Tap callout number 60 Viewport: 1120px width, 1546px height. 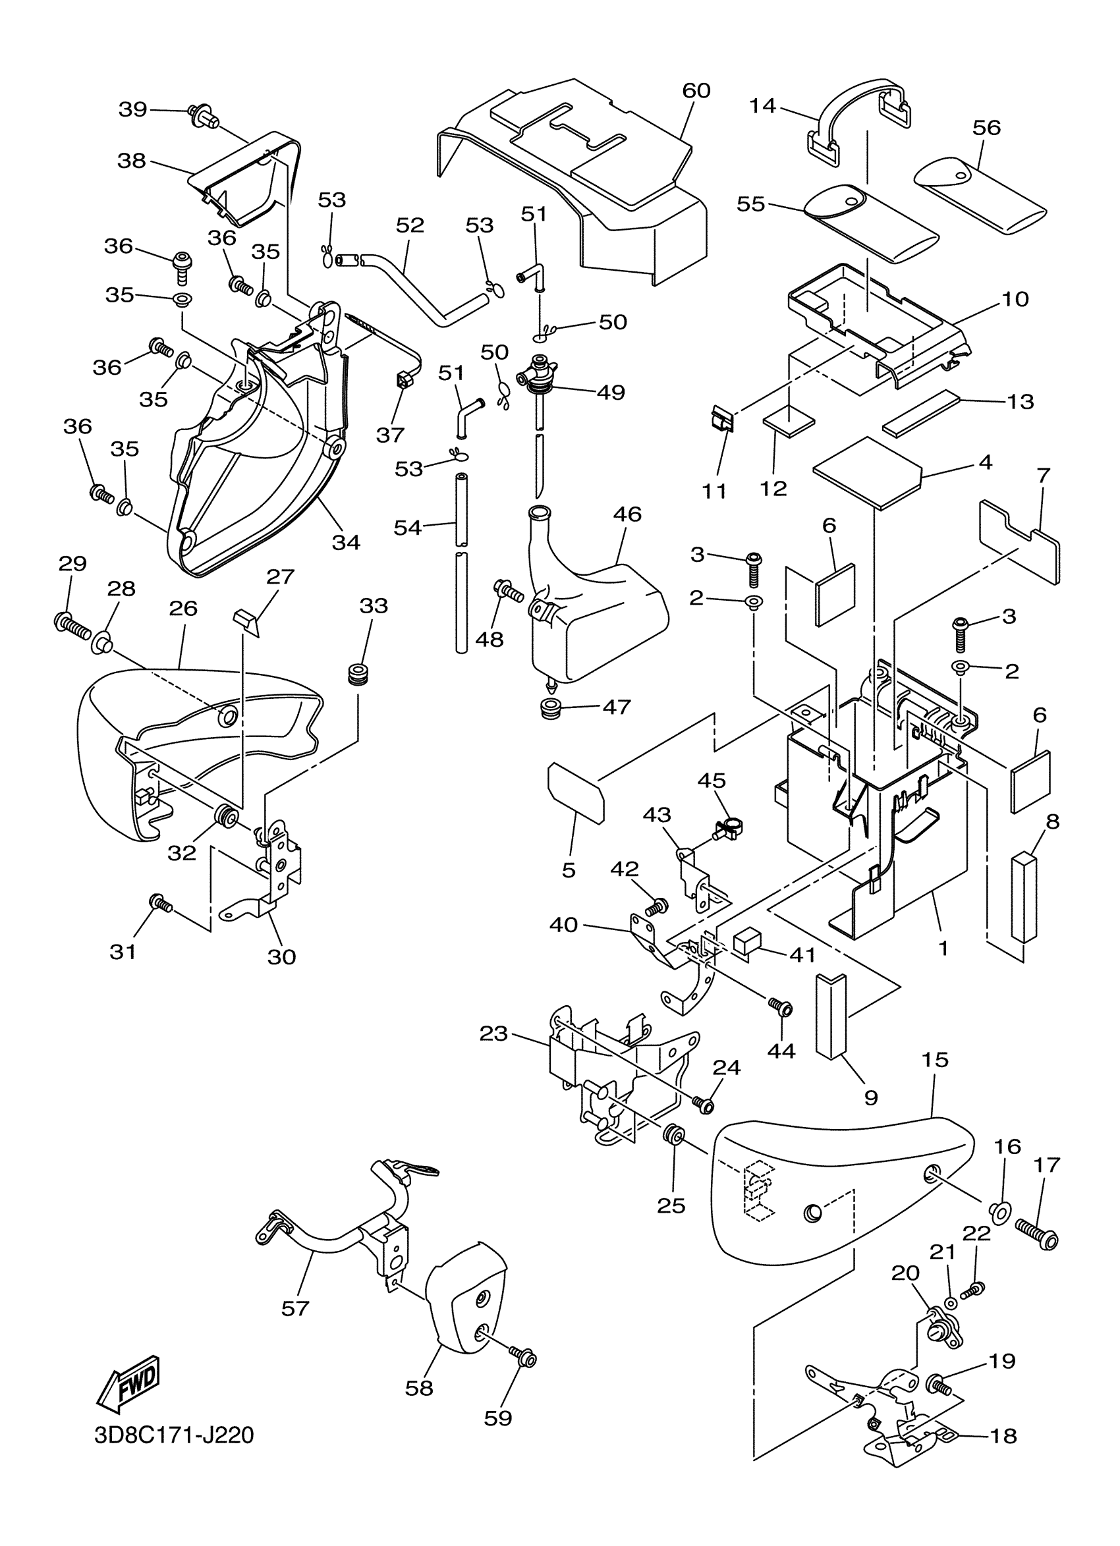pyautogui.click(x=696, y=91)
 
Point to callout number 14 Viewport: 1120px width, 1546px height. pyautogui.click(x=764, y=106)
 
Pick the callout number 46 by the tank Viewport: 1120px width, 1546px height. pyautogui.click(x=627, y=514)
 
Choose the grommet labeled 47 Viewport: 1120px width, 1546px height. pyautogui.click(x=552, y=708)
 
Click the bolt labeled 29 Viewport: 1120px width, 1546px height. pyautogui.click(x=72, y=626)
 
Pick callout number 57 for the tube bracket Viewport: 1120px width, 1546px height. pyautogui.click(x=295, y=1308)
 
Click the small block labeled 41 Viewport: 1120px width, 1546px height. pyautogui.click(x=747, y=943)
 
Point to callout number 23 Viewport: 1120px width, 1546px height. pyautogui.click(x=493, y=1034)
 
